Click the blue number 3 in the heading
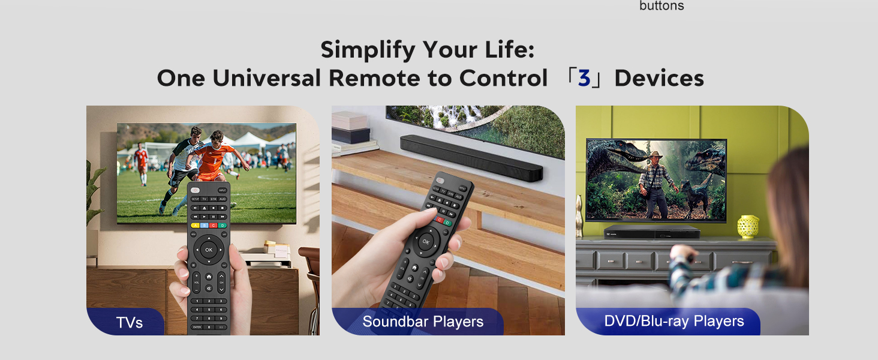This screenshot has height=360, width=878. click(584, 79)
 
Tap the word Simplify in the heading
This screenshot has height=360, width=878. click(368, 50)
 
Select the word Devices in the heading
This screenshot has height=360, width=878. click(659, 79)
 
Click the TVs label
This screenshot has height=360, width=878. click(130, 323)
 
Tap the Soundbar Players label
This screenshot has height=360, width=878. click(423, 322)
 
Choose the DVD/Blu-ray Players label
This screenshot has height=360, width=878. click(673, 321)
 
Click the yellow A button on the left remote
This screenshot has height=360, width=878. click(194, 226)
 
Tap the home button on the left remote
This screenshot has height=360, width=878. click(209, 277)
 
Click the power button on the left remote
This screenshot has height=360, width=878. click(196, 190)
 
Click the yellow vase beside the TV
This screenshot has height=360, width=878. click(748, 226)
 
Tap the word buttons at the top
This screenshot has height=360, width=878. click(661, 6)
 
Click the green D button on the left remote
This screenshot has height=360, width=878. click(222, 226)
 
